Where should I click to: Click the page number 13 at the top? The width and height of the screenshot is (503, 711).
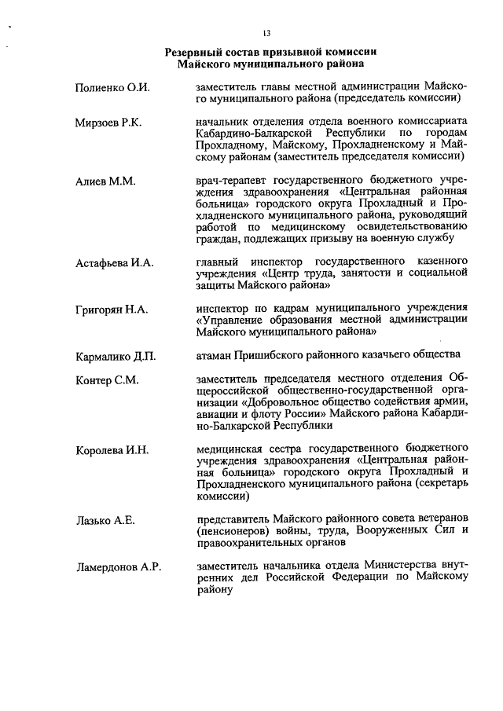(266, 32)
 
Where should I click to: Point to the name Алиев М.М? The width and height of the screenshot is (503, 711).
(105, 181)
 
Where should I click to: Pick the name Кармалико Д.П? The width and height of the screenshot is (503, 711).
(116, 357)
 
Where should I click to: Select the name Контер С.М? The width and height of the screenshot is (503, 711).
(107, 380)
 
